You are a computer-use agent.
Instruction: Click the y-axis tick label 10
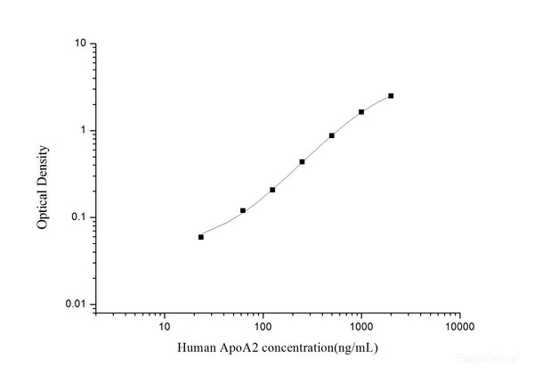[79, 44]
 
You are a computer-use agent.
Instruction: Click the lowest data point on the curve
[201, 237]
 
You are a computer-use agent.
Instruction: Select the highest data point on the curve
[391, 95]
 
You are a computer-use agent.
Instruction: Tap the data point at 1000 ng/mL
[361, 112]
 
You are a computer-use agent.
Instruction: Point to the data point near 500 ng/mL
[332, 135]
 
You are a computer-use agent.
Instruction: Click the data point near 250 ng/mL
[303, 161]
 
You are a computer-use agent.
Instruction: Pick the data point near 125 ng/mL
[272, 190]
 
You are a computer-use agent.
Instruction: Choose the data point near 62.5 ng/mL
[243, 210]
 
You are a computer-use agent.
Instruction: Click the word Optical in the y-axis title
[42, 204]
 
